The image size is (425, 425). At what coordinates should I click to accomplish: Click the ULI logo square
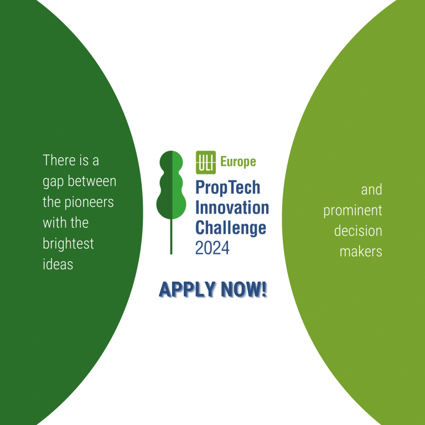tap(206, 162)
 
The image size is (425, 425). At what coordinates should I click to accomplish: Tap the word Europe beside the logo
tap(239, 162)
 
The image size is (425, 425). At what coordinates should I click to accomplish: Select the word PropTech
tap(227, 188)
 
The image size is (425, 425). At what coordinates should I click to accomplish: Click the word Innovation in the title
tap(232, 208)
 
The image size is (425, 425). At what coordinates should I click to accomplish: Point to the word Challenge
tap(231, 229)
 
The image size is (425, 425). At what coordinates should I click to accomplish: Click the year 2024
tap(212, 248)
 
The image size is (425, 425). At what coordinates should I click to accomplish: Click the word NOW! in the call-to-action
tap(244, 289)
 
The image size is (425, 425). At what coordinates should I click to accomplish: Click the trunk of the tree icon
tap(171, 236)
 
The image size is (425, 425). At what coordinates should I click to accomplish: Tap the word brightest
tap(68, 243)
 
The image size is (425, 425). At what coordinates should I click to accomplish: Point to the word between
tap(92, 181)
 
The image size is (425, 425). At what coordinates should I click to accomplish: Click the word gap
tap(53, 182)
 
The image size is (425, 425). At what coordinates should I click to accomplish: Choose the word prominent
tap(353, 211)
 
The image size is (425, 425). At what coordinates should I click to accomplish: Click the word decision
tap(358, 231)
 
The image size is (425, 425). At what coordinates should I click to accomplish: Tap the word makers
tap(361, 251)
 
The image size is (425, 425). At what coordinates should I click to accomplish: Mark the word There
tap(59, 160)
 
